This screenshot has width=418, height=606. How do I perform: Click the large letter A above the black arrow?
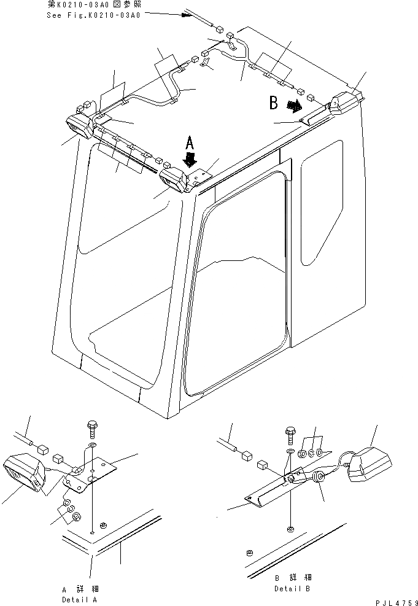(x=190, y=144)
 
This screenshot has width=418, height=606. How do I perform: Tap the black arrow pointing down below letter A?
(x=191, y=161)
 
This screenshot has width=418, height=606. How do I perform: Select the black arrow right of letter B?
(x=296, y=106)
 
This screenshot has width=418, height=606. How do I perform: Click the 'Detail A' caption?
(x=79, y=599)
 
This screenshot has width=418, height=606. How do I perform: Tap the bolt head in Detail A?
(x=91, y=427)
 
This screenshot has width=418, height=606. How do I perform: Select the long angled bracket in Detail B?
(x=270, y=492)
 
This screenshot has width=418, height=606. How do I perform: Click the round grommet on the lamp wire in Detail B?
(x=319, y=479)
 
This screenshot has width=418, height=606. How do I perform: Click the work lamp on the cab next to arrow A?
(x=173, y=181)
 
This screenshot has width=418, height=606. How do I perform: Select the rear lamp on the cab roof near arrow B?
(x=343, y=104)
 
